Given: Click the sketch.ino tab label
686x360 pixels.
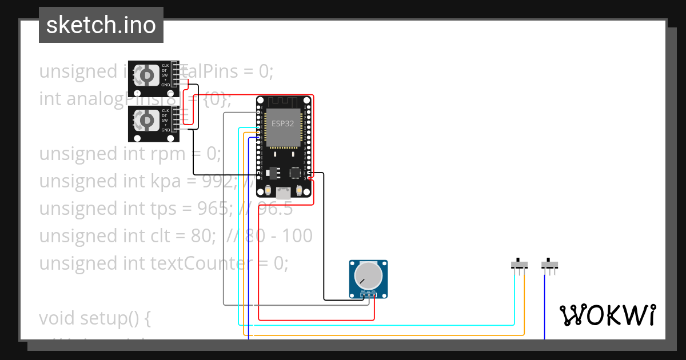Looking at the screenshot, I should point(101,25).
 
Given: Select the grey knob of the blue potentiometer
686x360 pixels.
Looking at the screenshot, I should point(368,275).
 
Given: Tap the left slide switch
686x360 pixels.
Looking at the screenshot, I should point(519,265).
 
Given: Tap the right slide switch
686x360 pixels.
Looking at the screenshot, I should point(549,265).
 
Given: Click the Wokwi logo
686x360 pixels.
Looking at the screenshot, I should point(607,315).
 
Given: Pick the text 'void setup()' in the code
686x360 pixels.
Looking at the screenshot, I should point(94,318).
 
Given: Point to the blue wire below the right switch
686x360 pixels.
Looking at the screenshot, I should point(544,309).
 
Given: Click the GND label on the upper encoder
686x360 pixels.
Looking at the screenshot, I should point(165,85).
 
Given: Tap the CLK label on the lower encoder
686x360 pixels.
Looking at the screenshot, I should point(165,110).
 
